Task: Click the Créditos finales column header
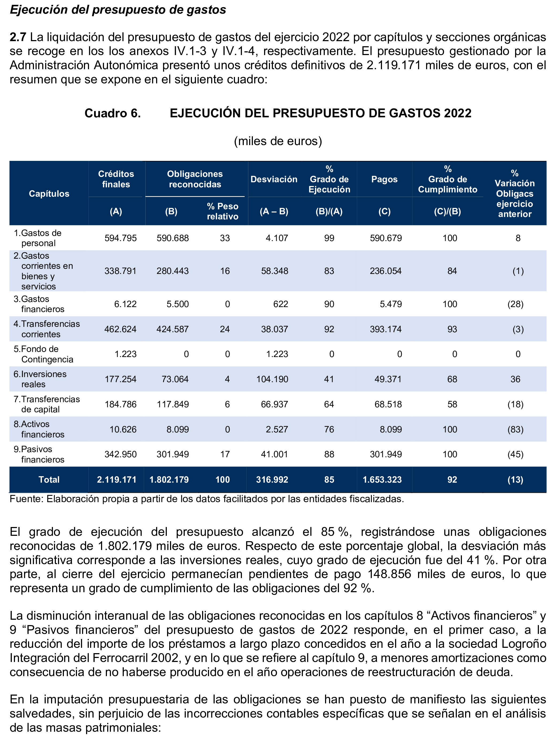pyautogui.click(x=116, y=179)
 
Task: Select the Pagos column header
pyautogui.click(x=384, y=179)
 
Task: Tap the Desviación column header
pyautogui.click(x=274, y=179)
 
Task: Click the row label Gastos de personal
pyautogui.click(x=37, y=238)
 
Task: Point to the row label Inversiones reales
pyautogui.click(x=40, y=379)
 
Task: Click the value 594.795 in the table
pyautogui.click(x=121, y=238)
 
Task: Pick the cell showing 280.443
pyautogui.click(x=172, y=271)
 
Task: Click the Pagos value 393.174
pyautogui.click(x=385, y=329)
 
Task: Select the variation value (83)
pyautogui.click(x=515, y=429)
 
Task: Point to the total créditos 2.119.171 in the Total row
pyautogui.click(x=117, y=480)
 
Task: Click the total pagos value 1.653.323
pyautogui.click(x=382, y=480)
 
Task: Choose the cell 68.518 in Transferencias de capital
pyautogui.click(x=388, y=404)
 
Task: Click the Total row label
pyautogui.click(x=49, y=480)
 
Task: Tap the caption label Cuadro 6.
pyautogui.click(x=113, y=113)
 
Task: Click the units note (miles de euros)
pyautogui.click(x=278, y=141)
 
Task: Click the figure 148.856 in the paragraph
pyautogui.click(x=389, y=574)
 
